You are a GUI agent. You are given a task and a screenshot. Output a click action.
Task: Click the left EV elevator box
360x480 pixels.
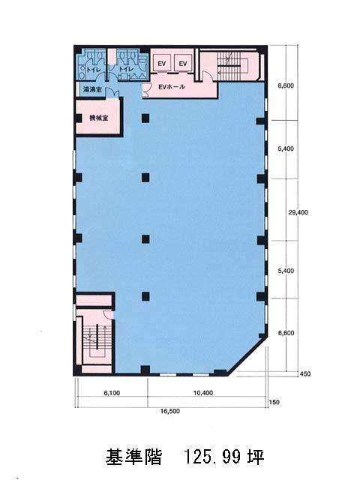(x=162, y=63)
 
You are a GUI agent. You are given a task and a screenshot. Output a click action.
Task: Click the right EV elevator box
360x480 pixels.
(x=183, y=63)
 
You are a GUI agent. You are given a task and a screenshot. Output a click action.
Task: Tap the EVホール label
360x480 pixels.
(x=172, y=87)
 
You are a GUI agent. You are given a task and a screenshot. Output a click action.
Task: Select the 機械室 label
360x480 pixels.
(x=98, y=118)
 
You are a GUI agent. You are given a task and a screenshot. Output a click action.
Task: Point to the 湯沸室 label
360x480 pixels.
(x=92, y=90)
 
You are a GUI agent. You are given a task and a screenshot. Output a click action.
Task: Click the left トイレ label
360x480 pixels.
(x=93, y=70)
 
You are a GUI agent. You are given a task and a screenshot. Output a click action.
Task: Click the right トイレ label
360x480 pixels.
(x=126, y=70)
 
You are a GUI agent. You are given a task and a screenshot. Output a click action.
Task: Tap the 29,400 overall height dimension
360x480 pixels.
(x=298, y=212)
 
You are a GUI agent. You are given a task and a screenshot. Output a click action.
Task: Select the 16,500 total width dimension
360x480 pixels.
(x=170, y=412)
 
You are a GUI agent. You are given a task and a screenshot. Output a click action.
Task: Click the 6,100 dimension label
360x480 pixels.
(x=112, y=393)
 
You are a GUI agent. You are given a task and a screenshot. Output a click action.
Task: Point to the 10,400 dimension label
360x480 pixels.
(x=203, y=393)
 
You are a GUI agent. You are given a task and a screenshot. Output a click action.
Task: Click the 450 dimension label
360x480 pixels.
(x=305, y=373)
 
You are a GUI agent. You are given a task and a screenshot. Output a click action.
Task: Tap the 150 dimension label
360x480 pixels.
(x=274, y=402)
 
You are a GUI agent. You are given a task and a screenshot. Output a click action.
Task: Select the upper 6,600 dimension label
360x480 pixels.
(x=286, y=85)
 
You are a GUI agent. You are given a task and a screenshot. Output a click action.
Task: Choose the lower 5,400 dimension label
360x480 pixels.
(x=286, y=271)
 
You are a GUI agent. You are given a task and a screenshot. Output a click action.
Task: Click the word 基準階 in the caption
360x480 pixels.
(x=133, y=457)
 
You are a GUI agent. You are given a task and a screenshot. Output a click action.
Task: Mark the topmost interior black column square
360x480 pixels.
(x=145, y=118)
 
